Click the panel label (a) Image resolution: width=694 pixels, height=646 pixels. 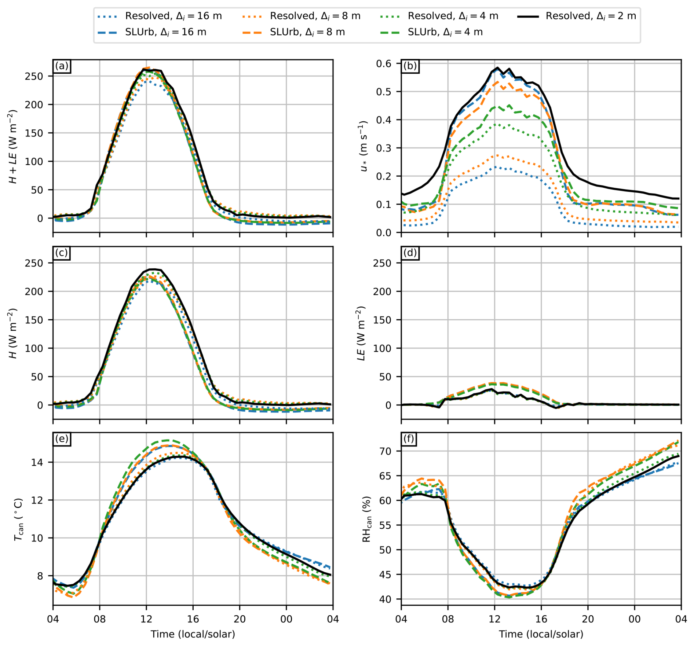click(62, 66)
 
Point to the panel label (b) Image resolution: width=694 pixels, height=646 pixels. click(410, 66)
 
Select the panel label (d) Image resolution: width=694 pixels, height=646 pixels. click(410, 253)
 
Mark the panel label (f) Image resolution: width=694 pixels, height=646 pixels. click(409, 439)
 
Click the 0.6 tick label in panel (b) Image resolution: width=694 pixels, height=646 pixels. click(384, 64)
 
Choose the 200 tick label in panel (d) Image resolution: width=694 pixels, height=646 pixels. click(382, 292)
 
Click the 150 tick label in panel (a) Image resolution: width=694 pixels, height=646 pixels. click(34, 133)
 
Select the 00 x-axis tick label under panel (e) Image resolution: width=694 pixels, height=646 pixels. click(286, 619)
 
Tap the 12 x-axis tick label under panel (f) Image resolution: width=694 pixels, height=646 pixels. click(494, 619)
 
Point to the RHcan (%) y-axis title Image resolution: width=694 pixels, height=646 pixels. click(366, 519)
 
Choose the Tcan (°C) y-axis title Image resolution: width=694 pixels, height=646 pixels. click(18, 519)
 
